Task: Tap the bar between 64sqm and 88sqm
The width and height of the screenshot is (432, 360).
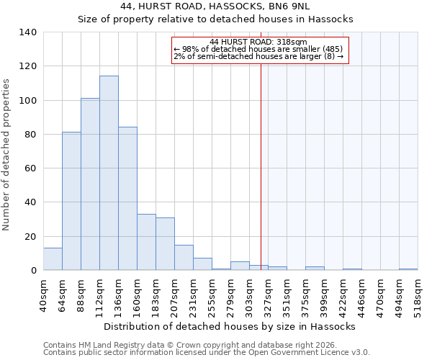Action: point(71,201)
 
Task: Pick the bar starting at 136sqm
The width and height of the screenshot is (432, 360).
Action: point(127,199)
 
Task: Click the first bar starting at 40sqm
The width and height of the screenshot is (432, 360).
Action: point(53,259)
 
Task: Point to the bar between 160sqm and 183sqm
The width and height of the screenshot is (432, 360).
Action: point(146,242)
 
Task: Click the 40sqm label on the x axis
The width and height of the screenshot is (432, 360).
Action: point(44,294)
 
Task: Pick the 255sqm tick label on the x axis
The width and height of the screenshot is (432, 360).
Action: point(212,295)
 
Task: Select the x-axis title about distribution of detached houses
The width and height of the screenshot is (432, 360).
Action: point(230,326)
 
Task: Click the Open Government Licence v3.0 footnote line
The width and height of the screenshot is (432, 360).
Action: point(207,353)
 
